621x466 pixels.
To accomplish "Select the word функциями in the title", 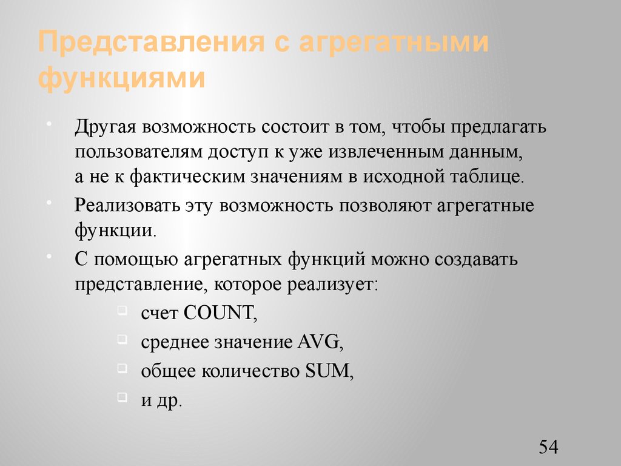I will [x=121, y=79].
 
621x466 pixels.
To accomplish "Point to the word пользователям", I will [x=141, y=152].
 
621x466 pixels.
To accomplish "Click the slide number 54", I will [x=548, y=447].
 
